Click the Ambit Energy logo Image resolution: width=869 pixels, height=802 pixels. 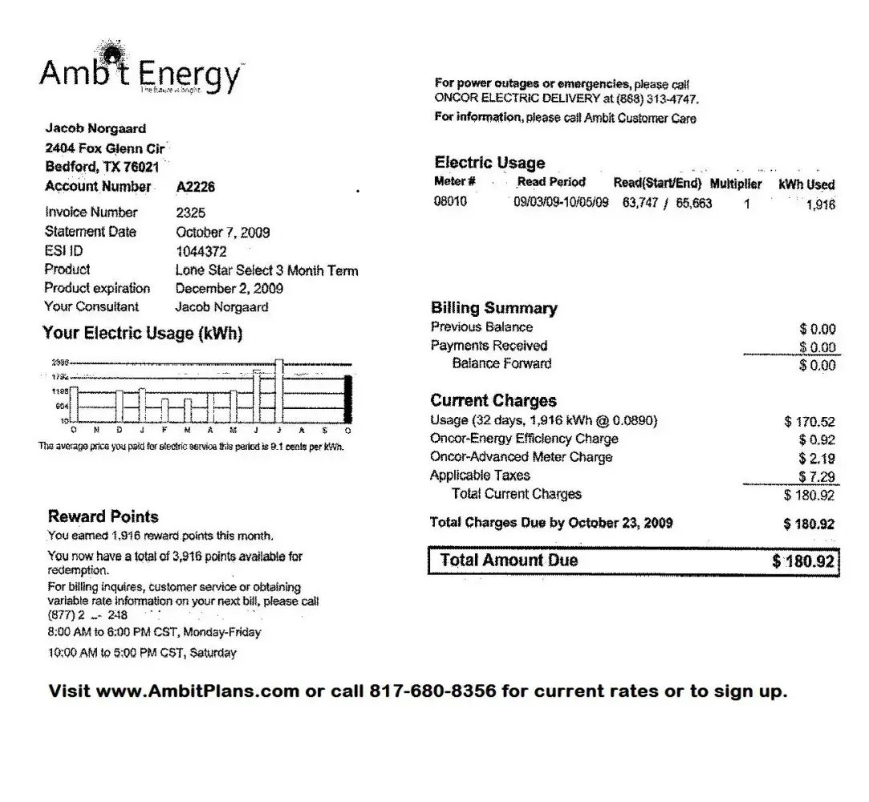click(x=140, y=74)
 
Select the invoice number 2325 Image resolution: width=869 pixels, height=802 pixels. click(x=190, y=213)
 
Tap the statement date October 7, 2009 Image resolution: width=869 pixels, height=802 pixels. click(x=222, y=233)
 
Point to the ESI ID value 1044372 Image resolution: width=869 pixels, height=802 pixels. click(x=201, y=251)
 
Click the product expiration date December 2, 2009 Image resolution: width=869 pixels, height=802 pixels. click(x=229, y=289)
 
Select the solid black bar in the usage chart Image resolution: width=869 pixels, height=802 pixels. click(x=347, y=399)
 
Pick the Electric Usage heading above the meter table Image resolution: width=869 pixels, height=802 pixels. click(x=489, y=163)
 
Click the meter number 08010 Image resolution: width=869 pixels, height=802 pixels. click(x=450, y=201)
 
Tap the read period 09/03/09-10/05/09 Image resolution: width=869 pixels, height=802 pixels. click(x=561, y=202)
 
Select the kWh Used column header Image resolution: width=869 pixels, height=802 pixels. click(x=806, y=184)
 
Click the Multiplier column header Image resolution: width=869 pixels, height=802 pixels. click(x=736, y=184)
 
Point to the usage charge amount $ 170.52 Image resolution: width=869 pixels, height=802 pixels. click(x=810, y=422)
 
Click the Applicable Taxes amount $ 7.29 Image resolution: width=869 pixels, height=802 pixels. click(x=817, y=477)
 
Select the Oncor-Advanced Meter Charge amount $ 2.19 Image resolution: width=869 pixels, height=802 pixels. click(x=817, y=459)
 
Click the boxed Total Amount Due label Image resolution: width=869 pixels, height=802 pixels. click(x=509, y=561)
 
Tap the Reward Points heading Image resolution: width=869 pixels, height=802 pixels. click(x=104, y=516)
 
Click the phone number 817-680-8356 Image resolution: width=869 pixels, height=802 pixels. click(x=432, y=691)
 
